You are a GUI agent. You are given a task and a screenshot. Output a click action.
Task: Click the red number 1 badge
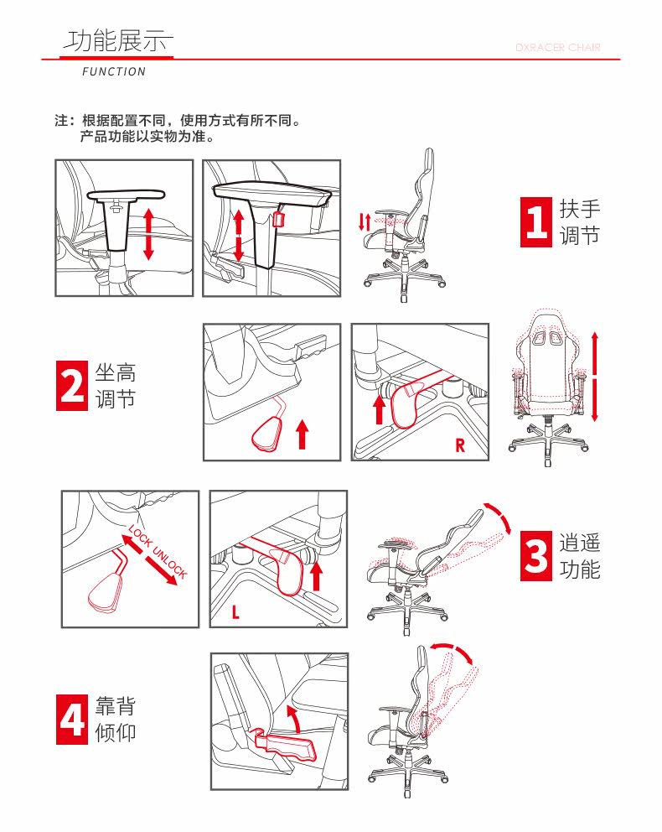point(535,221)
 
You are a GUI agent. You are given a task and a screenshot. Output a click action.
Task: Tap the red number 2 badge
point(72,386)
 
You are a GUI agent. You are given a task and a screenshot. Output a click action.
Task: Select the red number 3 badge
point(535,555)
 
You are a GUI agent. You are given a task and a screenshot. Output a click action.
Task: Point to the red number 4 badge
point(72,720)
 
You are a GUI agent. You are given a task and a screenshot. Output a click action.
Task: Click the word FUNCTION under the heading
point(114,71)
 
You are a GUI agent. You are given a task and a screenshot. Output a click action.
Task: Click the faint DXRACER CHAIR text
point(557,48)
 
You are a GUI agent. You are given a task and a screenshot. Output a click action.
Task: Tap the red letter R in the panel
point(460,445)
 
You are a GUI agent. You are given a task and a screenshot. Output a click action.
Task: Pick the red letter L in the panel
point(235,612)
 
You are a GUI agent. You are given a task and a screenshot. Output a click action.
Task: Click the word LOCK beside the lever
point(140,537)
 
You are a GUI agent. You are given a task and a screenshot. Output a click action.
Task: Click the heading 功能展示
point(117,41)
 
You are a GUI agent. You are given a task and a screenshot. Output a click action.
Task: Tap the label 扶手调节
point(579,221)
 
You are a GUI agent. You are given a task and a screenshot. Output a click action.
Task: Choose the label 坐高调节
point(116,386)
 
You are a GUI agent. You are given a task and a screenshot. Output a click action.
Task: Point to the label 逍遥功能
point(579,555)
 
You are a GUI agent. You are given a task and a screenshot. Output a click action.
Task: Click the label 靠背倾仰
point(116,720)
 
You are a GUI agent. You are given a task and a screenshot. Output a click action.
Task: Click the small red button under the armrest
point(278,220)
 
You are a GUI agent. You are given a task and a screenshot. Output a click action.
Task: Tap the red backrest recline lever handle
point(287,745)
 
